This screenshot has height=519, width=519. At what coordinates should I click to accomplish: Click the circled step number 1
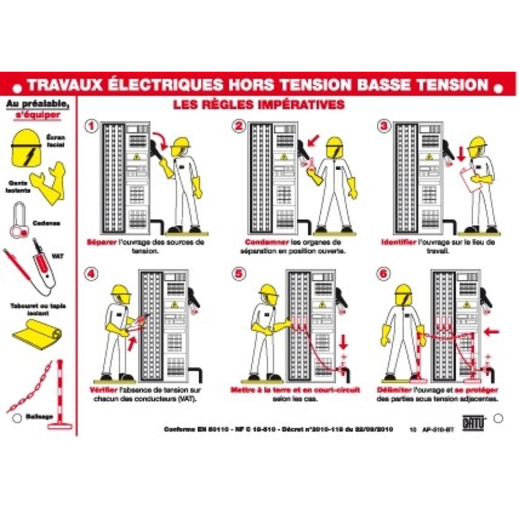click(91, 126)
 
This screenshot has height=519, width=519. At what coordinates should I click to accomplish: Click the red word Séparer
click(101, 242)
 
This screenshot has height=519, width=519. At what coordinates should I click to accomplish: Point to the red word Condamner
click(263, 242)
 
